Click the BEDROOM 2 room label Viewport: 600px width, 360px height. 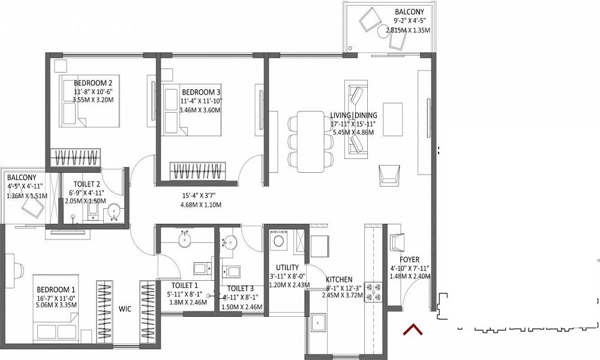[x=93, y=83]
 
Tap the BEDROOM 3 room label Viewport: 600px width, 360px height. [x=201, y=92]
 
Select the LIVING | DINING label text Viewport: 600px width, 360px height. [x=353, y=115]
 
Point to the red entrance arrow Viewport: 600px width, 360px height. [x=412, y=329]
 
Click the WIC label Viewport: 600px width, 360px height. [x=125, y=309]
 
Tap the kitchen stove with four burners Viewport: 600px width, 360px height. [x=373, y=292]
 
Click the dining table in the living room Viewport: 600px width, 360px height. [x=310, y=142]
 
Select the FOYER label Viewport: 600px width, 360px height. [x=409, y=260]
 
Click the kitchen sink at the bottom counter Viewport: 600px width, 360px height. [x=318, y=323]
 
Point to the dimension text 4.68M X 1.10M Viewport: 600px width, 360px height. [x=201, y=205]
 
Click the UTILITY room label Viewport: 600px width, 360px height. [x=287, y=268]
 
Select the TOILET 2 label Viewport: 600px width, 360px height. [x=87, y=184]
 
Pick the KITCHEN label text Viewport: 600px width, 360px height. [x=339, y=280]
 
